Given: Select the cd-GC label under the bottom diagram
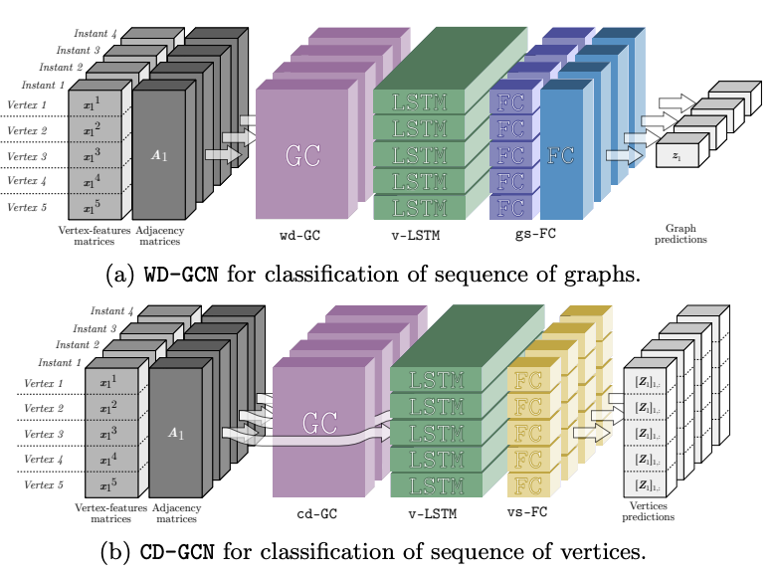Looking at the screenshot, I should (317, 514).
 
